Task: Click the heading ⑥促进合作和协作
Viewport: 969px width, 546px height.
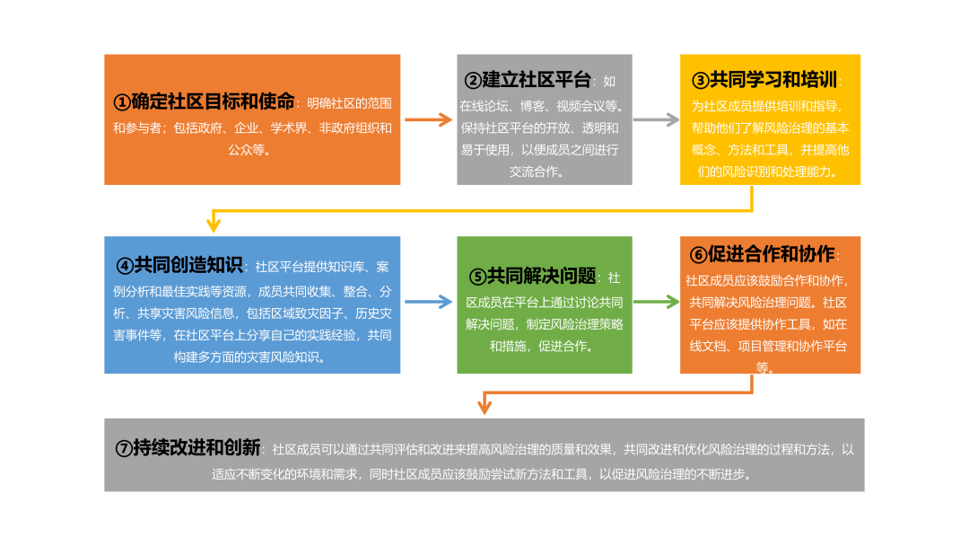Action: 758,254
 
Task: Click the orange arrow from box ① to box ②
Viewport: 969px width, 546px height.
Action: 428,119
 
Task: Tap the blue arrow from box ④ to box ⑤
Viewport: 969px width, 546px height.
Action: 428,303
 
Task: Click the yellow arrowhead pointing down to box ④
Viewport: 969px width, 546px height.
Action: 214,224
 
